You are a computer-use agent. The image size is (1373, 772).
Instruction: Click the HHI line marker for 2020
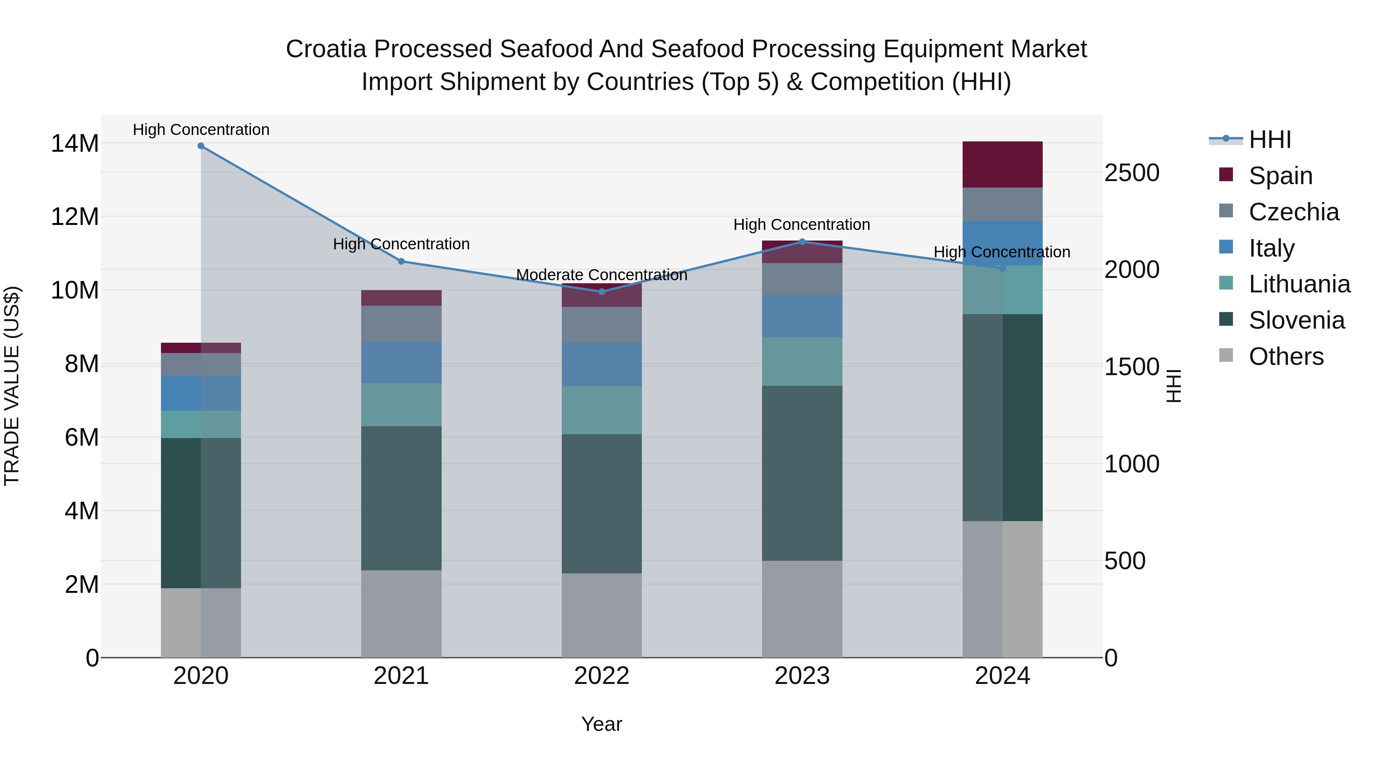pos(201,146)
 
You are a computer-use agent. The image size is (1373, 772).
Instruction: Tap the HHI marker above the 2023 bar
pos(802,242)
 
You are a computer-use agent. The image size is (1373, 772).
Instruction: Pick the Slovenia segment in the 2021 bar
pos(401,498)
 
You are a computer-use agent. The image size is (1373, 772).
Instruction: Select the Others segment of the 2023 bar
pos(802,608)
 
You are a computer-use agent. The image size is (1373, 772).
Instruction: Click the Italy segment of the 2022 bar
pos(602,364)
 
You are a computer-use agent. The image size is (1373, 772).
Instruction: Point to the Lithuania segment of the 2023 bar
pos(802,361)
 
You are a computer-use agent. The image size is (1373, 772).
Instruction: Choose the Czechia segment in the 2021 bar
pos(401,324)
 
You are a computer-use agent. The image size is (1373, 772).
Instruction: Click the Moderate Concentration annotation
pos(602,275)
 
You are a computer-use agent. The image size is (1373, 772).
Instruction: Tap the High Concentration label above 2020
pos(201,130)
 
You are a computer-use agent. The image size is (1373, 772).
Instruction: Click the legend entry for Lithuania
pos(1299,284)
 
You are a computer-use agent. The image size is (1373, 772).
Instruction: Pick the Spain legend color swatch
pos(1226,175)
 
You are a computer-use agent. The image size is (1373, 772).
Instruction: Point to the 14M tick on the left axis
pos(75,144)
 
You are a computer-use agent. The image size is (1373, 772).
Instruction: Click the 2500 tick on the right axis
pos(1132,173)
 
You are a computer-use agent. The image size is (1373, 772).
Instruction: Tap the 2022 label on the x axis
pos(602,676)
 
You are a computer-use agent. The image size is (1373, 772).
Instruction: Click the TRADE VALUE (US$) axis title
pos(12,386)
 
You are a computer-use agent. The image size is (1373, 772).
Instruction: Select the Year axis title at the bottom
pos(602,724)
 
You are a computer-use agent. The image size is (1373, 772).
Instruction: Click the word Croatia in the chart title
pos(326,49)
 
